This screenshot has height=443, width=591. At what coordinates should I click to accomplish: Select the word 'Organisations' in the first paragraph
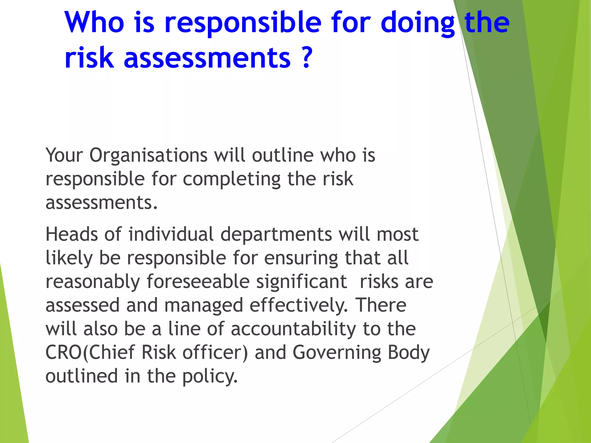pos(148,156)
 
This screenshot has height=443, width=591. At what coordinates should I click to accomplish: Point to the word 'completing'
pos(231,179)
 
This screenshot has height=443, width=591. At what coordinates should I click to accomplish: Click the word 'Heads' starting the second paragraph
pos(72,234)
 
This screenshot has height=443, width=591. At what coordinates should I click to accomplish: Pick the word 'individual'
pos(171,234)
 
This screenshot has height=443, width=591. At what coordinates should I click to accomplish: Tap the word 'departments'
pos(276,234)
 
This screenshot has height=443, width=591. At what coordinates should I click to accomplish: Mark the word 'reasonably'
pos(93,282)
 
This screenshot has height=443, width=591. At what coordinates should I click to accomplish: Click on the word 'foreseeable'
pos(198,281)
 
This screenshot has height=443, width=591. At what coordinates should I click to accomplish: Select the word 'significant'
pos(302,282)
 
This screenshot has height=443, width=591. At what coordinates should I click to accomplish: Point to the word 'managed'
pos(203,306)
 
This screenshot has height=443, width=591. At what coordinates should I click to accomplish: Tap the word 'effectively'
pos(298,305)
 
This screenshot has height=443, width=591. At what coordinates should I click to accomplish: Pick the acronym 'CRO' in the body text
pos(64,353)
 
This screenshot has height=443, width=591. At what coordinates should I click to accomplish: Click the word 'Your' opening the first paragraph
pos(64,156)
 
